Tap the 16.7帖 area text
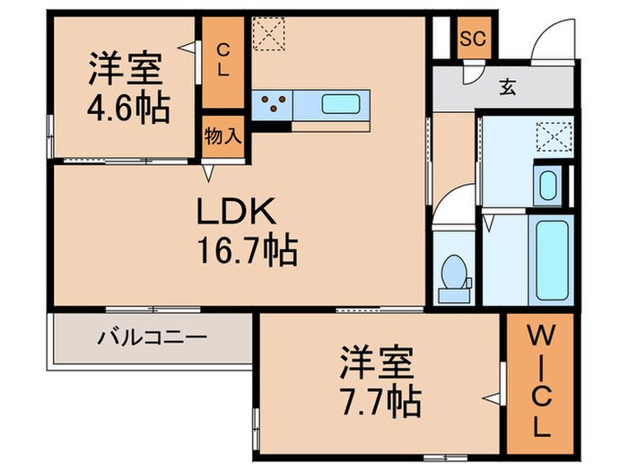(248, 251)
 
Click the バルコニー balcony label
(153, 338)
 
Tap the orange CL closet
(221, 59)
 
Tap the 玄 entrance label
(507, 87)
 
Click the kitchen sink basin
(340, 103)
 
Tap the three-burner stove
(273, 104)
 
